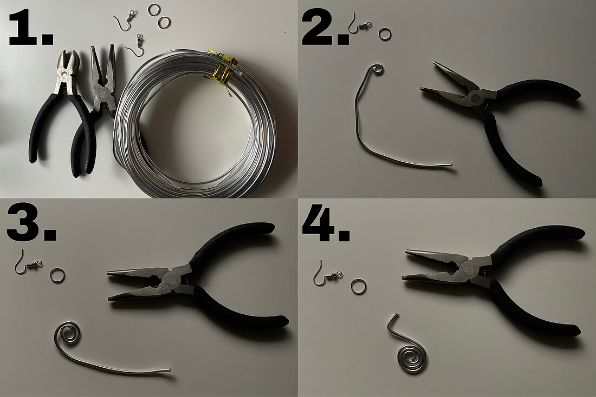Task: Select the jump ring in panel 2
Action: (385, 34)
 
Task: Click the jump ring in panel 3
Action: (57, 275)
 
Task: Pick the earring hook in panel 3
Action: (27, 263)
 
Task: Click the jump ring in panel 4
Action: (358, 286)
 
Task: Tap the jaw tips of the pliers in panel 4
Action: (410, 265)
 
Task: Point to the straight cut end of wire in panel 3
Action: (170, 370)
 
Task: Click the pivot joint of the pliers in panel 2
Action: (475, 97)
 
